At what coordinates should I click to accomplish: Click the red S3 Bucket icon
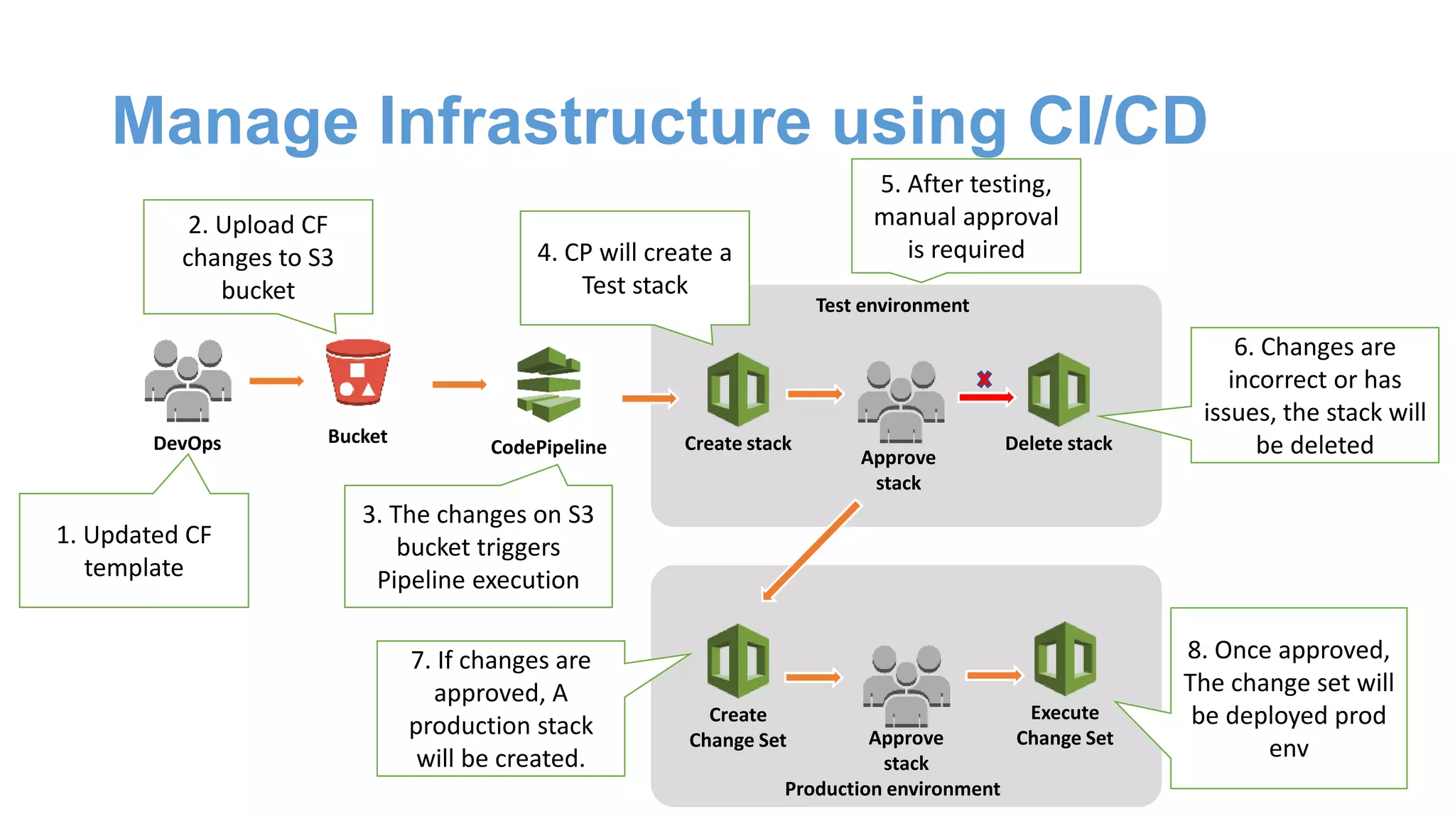point(358,373)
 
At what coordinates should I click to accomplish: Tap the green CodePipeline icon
point(548,385)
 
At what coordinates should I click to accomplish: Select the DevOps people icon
point(188,381)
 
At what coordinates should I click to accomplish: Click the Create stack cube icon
point(738,390)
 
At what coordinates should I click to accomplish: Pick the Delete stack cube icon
point(1059,390)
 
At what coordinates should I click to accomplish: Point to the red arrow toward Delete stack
point(986,397)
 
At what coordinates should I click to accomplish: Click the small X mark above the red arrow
point(984,379)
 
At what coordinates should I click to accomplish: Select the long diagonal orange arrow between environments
point(811,551)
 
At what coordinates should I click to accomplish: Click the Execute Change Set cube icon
point(1065,659)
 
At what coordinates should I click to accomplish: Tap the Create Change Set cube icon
point(738,660)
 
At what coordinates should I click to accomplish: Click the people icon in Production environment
point(907,685)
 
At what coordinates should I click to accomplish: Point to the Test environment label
point(892,306)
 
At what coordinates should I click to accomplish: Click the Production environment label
point(892,789)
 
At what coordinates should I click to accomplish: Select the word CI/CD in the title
point(1117,121)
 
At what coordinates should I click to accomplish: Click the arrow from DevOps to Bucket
point(276,381)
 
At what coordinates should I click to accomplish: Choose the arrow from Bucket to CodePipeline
point(459,385)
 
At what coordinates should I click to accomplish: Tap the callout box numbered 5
point(966,216)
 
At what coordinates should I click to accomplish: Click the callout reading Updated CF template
point(134,551)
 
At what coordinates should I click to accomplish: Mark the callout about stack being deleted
point(1314,395)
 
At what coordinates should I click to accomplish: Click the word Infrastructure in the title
point(595,121)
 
